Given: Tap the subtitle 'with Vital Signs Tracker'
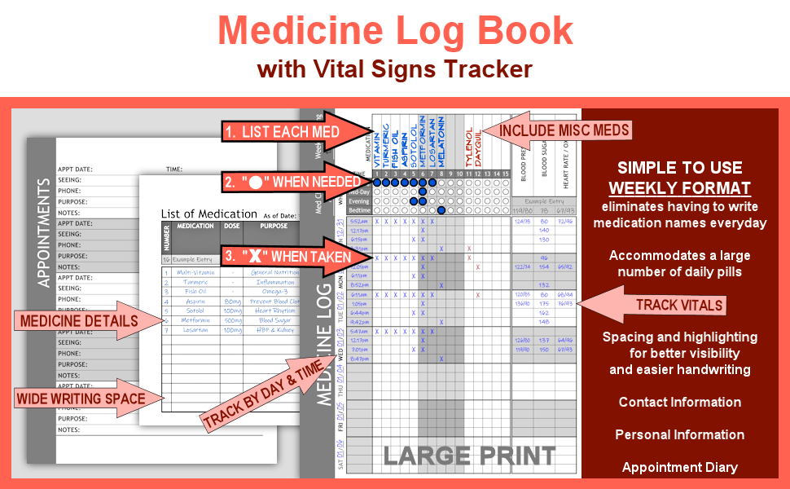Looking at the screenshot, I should click(x=394, y=69).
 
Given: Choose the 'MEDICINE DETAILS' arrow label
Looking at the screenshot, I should click(x=78, y=320).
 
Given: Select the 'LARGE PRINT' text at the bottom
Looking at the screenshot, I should click(x=469, y=456).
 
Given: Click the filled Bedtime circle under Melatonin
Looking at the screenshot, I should click(x=441, y=210).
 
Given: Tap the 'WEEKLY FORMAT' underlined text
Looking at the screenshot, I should click(x=679, y=188).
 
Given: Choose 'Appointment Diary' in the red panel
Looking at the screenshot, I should click(x=679, y=467).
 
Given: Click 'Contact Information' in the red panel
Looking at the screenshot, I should click(x=679, y=402).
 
